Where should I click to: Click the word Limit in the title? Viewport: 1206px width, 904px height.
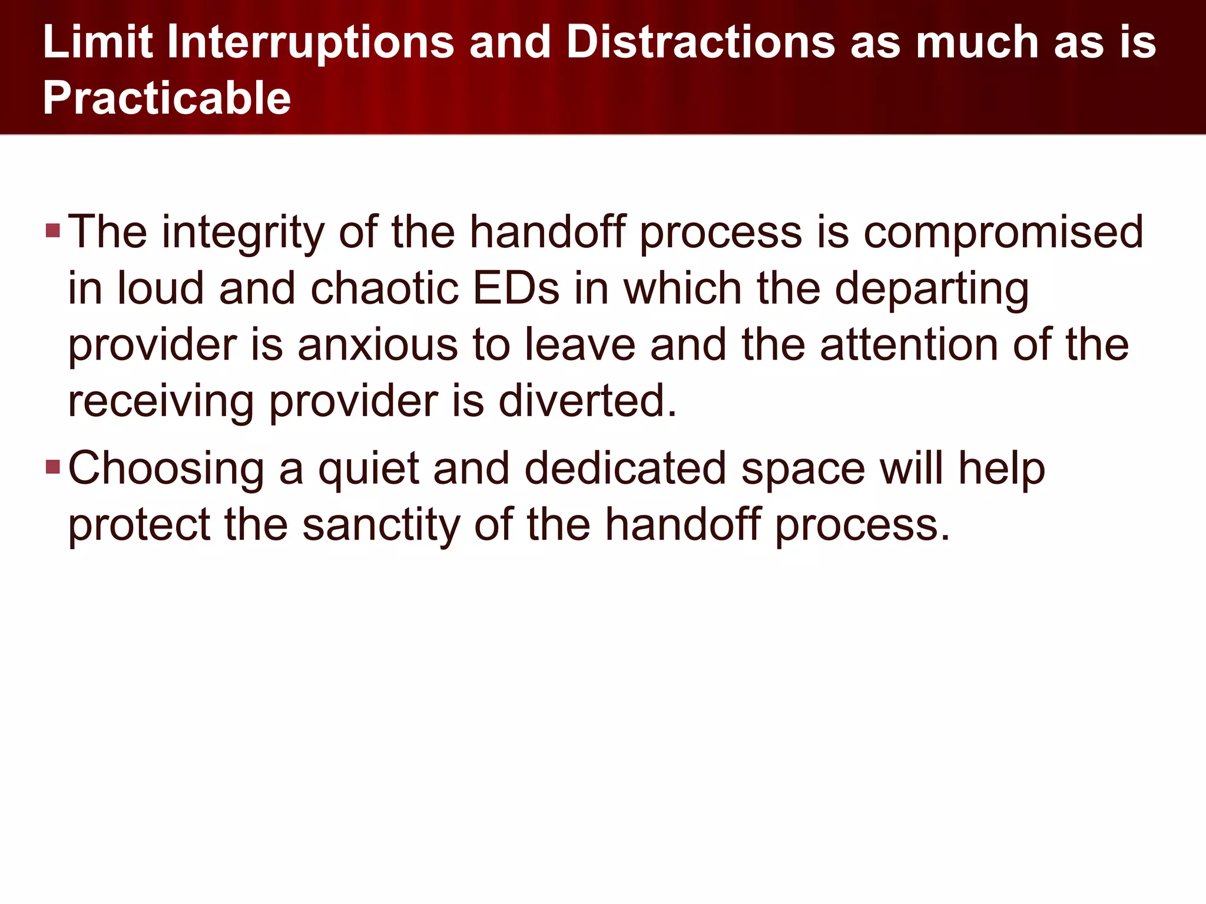pos(98,42)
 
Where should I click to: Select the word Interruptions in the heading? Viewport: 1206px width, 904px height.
pos(310,42)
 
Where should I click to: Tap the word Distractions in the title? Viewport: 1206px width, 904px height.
pos(700,42)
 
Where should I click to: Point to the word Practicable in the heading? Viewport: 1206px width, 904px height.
pos(167,98)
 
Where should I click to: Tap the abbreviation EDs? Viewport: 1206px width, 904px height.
pos(516,289)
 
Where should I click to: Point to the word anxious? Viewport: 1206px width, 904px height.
pos(377,345)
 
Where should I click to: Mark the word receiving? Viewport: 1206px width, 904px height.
pos(161,403)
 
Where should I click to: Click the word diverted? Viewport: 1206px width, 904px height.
pos(587,401)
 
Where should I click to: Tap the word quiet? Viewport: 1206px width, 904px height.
pos(369,470)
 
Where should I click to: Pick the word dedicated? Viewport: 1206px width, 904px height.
pos(625,468)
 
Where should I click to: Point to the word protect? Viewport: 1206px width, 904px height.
pos(139,525)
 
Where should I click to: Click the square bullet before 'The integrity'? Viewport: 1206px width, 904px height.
pos(53,230)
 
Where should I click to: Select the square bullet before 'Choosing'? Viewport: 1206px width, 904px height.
pos(53,467)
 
